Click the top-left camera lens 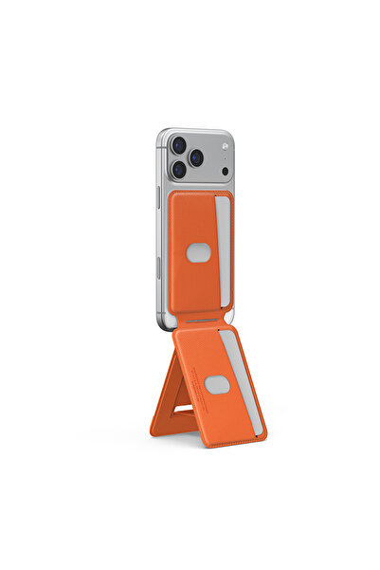coord(178,146)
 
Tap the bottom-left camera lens coord(178,170)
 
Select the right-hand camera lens coord(196,157)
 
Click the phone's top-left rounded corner coord(162,134)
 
